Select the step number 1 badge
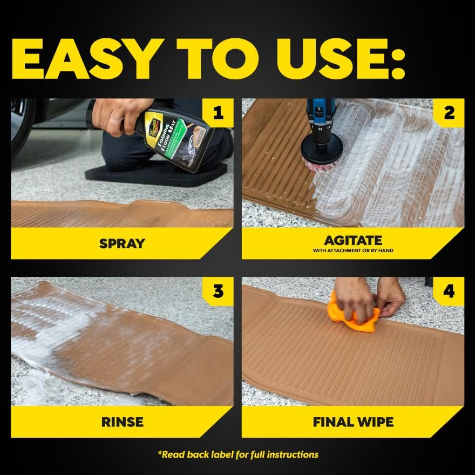pyautogui.click(x=218, y=113)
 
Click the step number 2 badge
pyautogui.click(x=449, y=113)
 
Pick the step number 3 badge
pyautogui.click(x=218, y=292)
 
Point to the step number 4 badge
pyautogui.click(x=449, y=292)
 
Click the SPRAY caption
pyautogui.click(x=122, y=243)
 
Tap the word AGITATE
pyautogui.click(x=353, y=240)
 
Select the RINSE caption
pyautogui.click(x=122, y=422)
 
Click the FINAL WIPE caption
pyautogui.click(x=353, y=422)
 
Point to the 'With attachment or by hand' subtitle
pyautogui.click(x=353, y=250)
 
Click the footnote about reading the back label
pyautogui.click(x=237, y=454)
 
